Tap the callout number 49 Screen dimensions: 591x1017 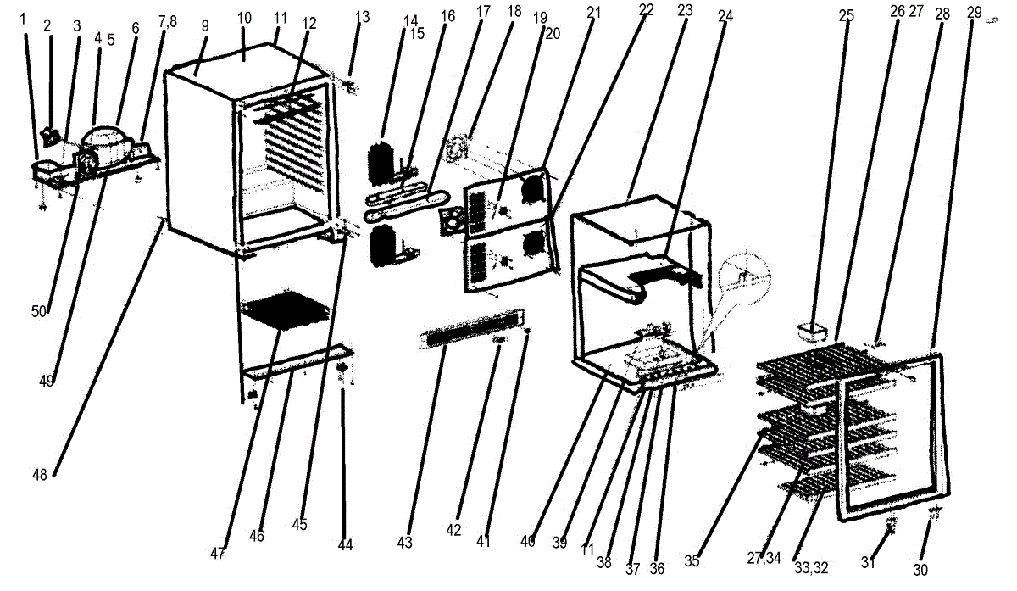(x=47, y=382)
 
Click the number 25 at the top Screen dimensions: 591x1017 (x=846, y=14)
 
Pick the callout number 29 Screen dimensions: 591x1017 (x=974, y=12)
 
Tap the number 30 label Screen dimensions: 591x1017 (x=920, y=569)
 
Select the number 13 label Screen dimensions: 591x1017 (x=363, y=17)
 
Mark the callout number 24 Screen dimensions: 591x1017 (x=725, y=14)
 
